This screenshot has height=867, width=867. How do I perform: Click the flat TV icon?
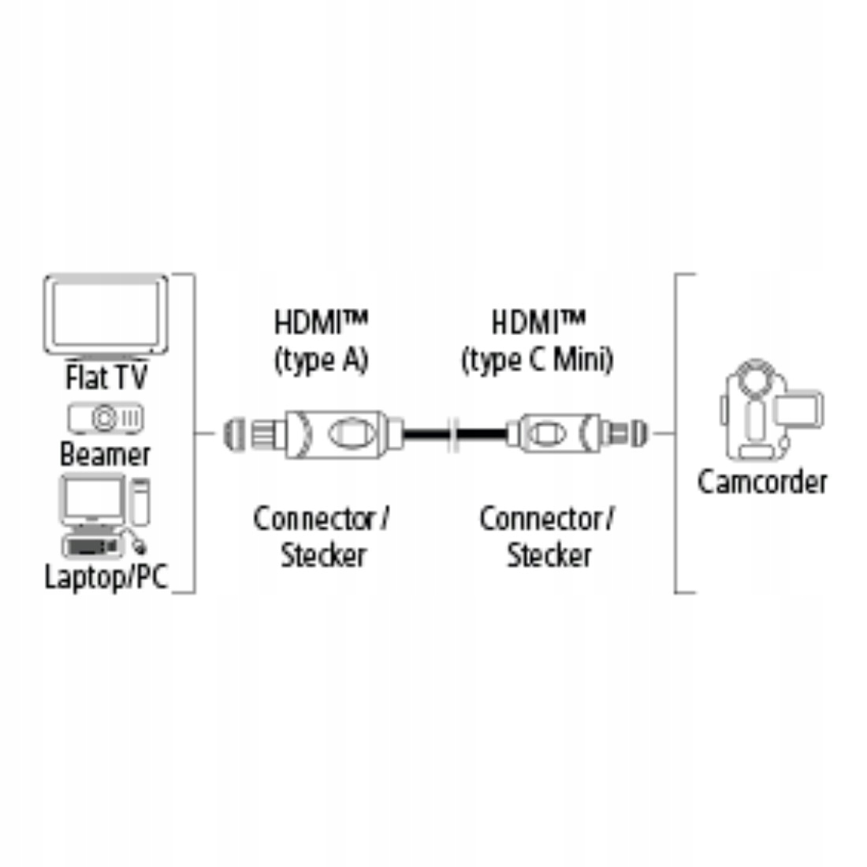106,315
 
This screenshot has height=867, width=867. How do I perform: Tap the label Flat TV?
106,377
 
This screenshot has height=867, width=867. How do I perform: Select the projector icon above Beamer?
106,418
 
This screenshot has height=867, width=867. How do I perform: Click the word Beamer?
105,454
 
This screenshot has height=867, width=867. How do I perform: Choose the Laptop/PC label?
106,576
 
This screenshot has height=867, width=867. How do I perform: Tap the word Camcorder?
762,482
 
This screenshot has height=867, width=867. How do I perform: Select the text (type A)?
321,360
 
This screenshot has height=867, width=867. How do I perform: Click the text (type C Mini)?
538,360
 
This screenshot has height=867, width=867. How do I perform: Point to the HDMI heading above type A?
321,322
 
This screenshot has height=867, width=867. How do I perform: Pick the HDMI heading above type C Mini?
538,322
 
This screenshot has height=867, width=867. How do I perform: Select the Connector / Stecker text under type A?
322,536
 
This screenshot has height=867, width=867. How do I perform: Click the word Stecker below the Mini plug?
549,555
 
